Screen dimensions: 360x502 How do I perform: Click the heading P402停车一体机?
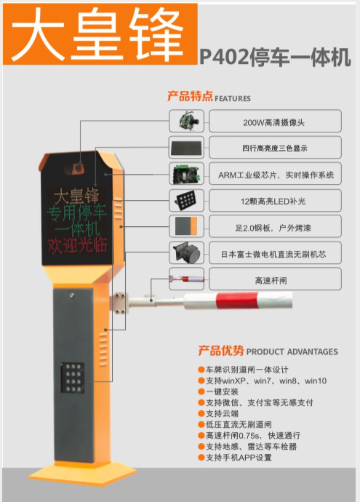[275, 57]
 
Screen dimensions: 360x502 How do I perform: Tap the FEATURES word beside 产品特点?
[233, 98]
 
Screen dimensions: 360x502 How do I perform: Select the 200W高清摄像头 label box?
[275, 121]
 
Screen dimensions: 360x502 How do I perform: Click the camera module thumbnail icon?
[187, 121]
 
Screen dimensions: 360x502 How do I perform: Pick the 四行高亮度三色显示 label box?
[275, 148]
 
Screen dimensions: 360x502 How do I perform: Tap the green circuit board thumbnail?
[187, 174]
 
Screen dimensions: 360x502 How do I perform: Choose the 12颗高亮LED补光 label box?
[275, 200]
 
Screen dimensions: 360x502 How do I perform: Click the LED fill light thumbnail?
[187, 200]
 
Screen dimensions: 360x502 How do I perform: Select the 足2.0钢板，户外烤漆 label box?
[275, 227]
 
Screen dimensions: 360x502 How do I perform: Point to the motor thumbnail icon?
[187, 252]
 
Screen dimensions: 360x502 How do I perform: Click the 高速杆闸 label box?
[275, 279]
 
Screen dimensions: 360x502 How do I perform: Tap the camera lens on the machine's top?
[77, 168]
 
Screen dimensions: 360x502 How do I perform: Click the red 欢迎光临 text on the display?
[77, 246]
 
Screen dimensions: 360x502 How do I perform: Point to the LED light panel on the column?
[72, 378]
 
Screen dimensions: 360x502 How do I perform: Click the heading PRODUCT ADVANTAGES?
[292, 352]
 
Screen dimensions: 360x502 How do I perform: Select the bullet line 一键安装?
[218, 391]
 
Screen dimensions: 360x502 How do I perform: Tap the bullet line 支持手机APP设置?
[235, 458]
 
